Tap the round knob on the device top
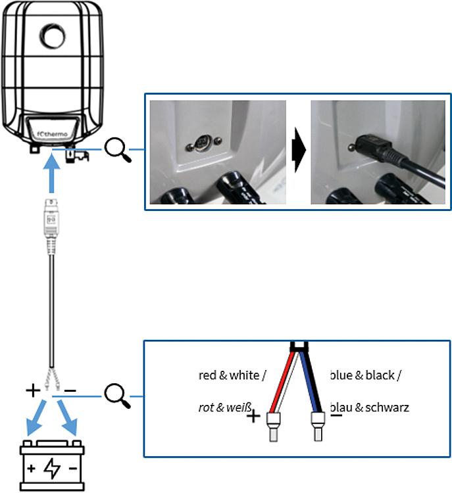coord(51,33)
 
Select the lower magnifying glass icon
coord(117,395)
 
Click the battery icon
coord(50,467)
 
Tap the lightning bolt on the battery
coord(50,469)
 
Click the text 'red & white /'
coord(232,376)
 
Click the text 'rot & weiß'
coord(224,408)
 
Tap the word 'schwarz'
coord(388,408)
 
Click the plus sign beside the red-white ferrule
coord(253,416)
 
